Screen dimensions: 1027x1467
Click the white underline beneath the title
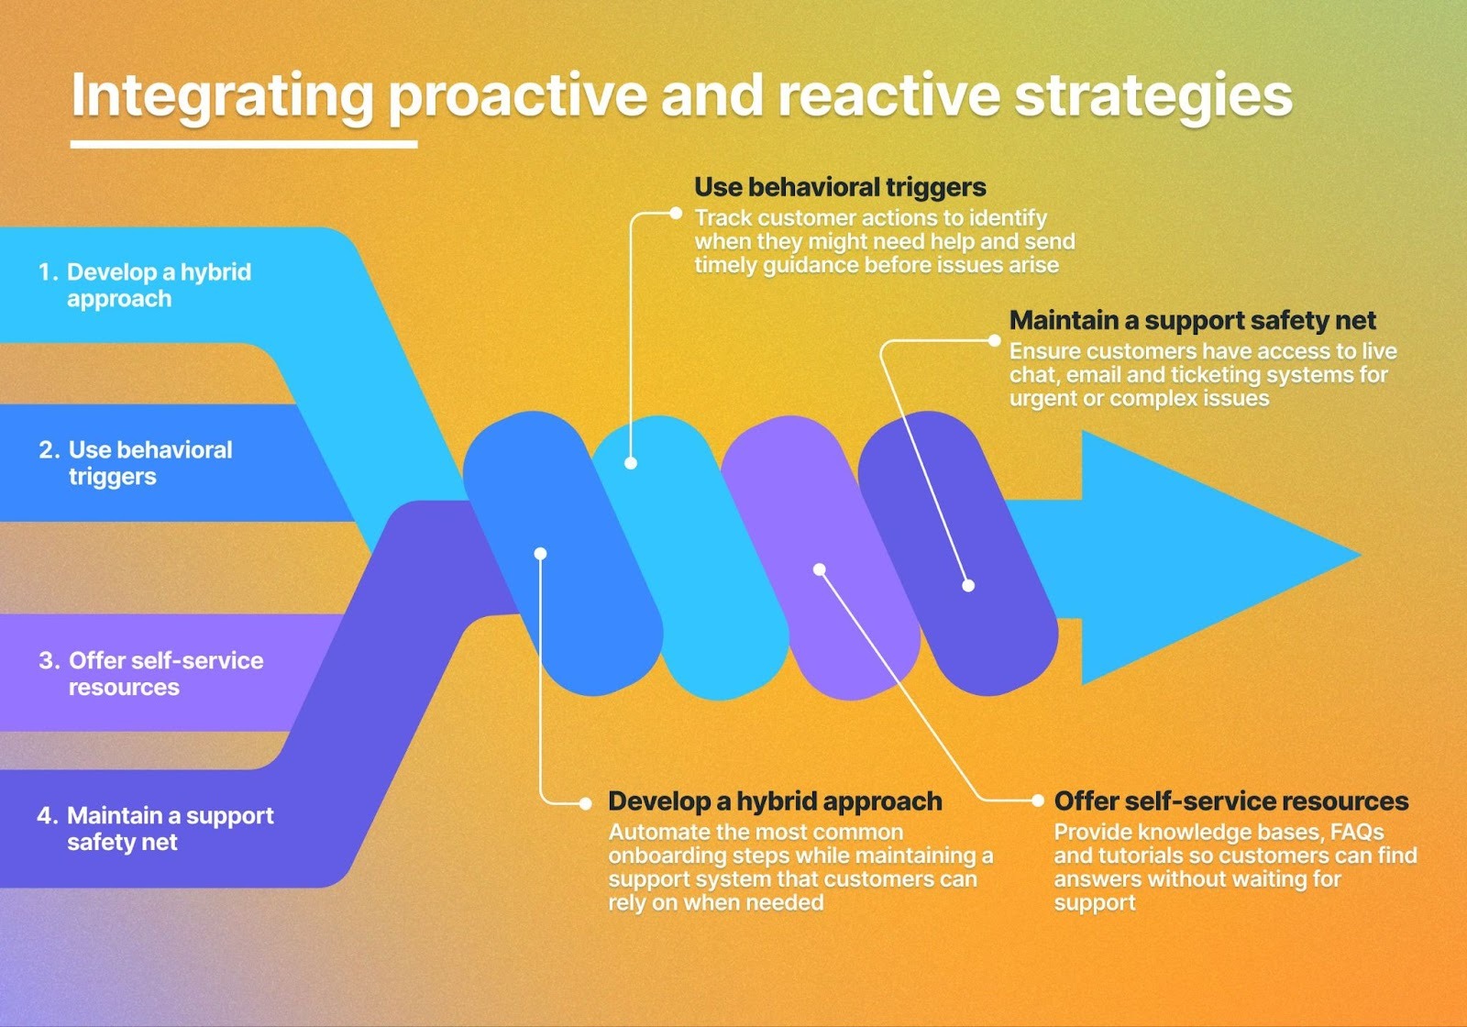[x=244, y=144]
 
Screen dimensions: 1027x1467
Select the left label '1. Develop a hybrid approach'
[x=144, y=285]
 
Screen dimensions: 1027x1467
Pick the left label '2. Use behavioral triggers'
[x=136, y=463]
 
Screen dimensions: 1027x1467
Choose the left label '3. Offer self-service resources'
[x=151, y=674]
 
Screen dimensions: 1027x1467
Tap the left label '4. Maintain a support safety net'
[x=156, y=829]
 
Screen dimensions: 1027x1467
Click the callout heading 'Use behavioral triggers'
[x=840, y=187]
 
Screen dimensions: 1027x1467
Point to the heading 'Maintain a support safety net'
[x=1192, y=320]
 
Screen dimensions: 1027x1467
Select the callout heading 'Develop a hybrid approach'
[x=775, y=801]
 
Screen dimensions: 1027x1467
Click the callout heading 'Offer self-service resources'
[x=1230, y=801]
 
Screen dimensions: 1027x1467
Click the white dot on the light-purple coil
[x=820, y=569]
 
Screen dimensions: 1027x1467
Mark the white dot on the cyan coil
[x=631, y=463]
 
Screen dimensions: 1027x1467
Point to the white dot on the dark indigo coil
[x=968, y=586]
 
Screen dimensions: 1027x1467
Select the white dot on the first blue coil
[x=540, y=553]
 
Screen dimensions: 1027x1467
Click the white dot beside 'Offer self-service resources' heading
[x=1037, y=801]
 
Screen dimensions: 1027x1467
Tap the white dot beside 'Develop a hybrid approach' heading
[x=586, y=803]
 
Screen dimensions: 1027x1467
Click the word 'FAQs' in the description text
[x=1356, y=833]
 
